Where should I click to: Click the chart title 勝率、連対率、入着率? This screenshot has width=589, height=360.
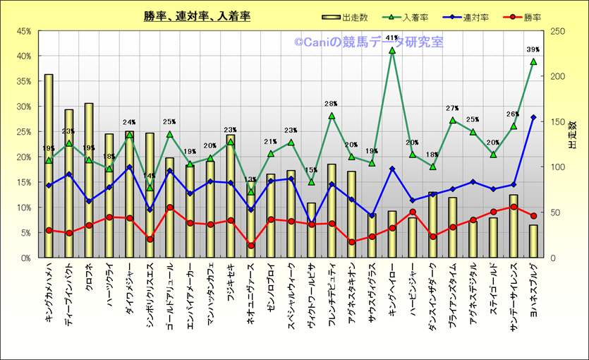196,16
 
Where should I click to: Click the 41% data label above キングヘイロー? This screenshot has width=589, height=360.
392,38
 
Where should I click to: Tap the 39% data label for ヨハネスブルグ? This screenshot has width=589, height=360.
533,49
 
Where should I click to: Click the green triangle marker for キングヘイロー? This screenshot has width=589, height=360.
392,50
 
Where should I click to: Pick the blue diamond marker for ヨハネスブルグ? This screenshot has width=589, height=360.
533,117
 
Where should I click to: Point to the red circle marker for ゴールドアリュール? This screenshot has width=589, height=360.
170,208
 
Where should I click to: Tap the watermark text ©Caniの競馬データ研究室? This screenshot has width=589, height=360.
368,42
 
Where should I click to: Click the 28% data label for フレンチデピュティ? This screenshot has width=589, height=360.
332,104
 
